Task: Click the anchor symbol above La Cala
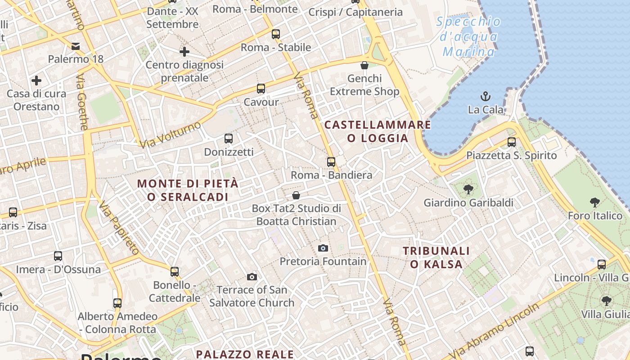click(486, 96)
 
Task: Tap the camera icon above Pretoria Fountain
click(323, 248)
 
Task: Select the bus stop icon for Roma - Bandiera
click(331, 162)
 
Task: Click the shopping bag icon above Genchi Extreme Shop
click(364, 65)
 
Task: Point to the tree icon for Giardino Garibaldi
click(468, 189)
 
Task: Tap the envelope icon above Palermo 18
click(76, 46)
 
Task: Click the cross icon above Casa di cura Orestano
click(36, 81)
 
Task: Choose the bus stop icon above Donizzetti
click(229, 139)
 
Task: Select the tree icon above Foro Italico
click(594, 202)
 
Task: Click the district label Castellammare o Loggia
click(378, 131)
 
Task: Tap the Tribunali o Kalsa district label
click(436, 257)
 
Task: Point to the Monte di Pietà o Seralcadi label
click(188, 190)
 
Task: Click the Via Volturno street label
click(170, 134)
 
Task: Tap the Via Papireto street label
click(118, 228)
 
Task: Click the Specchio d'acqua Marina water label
click(468, 36)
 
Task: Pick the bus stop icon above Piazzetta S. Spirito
click(512, 142)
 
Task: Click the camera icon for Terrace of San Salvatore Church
click(252, 277)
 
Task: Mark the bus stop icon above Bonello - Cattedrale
click(175, 272)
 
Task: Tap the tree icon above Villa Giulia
click(606, 301)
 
